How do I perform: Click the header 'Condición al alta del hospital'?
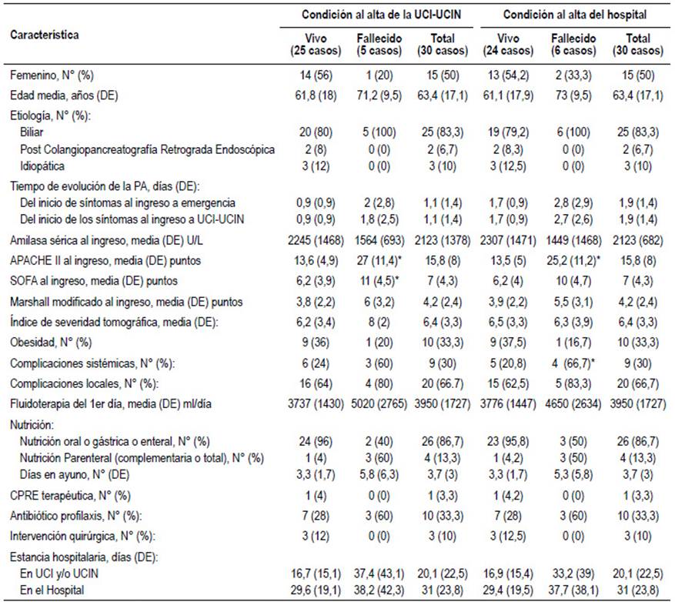pos(575,15)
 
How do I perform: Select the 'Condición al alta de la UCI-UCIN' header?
pos(381,15)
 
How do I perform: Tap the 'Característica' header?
pos(45,35)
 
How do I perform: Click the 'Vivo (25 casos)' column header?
pos(316,45)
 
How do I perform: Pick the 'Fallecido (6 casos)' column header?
pos(573,45)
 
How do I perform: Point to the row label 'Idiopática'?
pos(42,166)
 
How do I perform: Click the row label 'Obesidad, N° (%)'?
pos(51,343)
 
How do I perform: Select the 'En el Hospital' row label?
pos(52,590)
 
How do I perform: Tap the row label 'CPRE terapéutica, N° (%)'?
pos(70,496)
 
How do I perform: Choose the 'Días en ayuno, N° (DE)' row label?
pos(75,474)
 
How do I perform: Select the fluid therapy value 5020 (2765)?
pos(379,404)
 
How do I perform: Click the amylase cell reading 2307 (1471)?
pos(508,240)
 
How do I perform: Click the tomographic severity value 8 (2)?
pos(379,322)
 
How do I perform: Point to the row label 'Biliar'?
pos(32,132)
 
